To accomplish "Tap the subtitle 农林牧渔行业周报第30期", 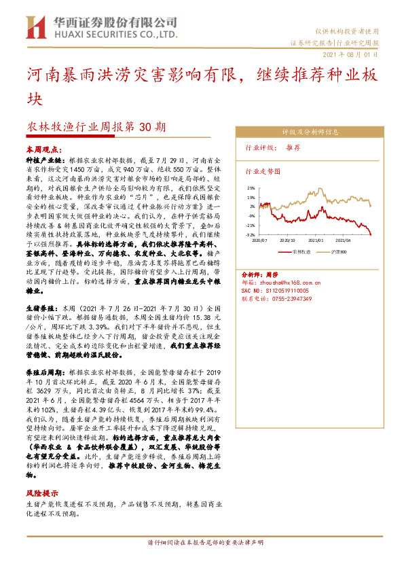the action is pyautogui.click(x=96, y=126).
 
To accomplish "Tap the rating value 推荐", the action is pyautogui.click(x=294, y=147).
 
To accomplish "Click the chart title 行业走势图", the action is pyautogui.click(x=262, y=172).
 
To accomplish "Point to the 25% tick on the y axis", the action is pyautogui.click(x=251, y=188).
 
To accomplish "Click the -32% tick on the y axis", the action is pyautogui.click(x=251, y=234).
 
